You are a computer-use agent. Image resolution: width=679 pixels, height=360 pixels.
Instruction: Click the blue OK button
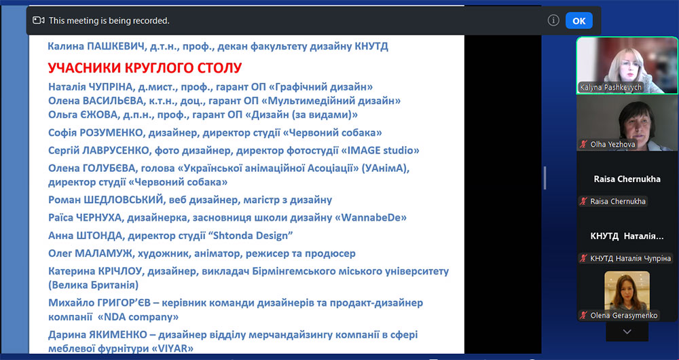pos(579,21)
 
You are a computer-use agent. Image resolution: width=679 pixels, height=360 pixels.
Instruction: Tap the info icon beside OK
pos(553,20)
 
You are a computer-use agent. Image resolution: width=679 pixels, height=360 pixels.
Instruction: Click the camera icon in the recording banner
pos(39,20)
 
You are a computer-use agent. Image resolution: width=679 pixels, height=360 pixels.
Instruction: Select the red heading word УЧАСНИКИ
pos(84,68)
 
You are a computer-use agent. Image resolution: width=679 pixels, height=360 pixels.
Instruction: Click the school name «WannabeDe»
pos(371,217)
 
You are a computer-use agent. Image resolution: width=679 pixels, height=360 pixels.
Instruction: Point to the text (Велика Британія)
pos(94,285)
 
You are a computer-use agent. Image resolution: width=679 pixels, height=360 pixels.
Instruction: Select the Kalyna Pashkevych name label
pos(610,87)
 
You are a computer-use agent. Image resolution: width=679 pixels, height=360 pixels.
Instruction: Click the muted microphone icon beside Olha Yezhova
pos(584,144)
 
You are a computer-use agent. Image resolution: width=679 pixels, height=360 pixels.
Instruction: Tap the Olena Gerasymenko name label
pos(623,315)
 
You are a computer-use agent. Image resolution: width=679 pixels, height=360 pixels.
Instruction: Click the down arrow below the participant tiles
pos(627,332)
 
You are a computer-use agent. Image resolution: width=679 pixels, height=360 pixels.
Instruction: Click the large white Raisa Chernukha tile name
pos(627,179)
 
